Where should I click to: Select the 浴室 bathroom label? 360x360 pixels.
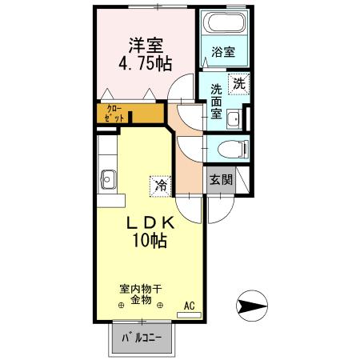[222, 53]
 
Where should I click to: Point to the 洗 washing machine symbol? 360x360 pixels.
[238, 82]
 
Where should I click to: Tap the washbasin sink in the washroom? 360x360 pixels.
[234, 120]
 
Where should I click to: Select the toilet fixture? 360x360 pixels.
[231, 149]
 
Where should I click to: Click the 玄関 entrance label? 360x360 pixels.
[222, 179]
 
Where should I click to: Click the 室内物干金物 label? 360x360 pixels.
[141, 294]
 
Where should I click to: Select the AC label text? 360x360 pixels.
[189, 305]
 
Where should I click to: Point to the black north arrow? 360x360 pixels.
[254, 305]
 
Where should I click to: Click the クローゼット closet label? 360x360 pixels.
[114, 113]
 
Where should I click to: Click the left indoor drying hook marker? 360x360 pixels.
[122, 305]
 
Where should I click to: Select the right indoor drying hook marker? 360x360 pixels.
[161, 305]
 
